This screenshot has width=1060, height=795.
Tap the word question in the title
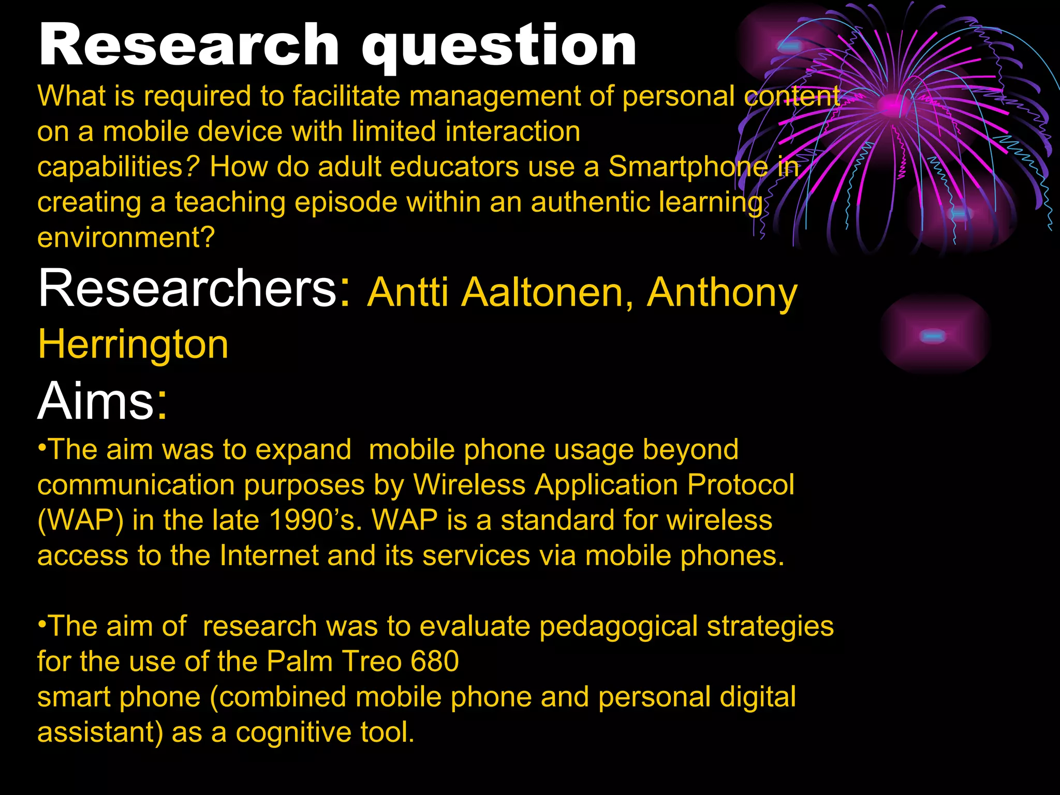tap(499, 48)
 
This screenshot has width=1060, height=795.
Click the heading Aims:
tap(102, 401)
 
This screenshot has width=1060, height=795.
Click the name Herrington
tap(133, 344)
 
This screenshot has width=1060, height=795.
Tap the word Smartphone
tap(688, 167)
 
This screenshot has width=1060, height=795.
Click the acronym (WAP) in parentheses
tap(81, 520)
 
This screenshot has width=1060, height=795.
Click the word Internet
tap(269, 555)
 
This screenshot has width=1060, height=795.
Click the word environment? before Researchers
tap(126, 238)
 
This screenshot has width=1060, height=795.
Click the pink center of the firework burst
tap(892, 105)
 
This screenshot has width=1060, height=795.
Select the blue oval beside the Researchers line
tap(933, 336)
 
